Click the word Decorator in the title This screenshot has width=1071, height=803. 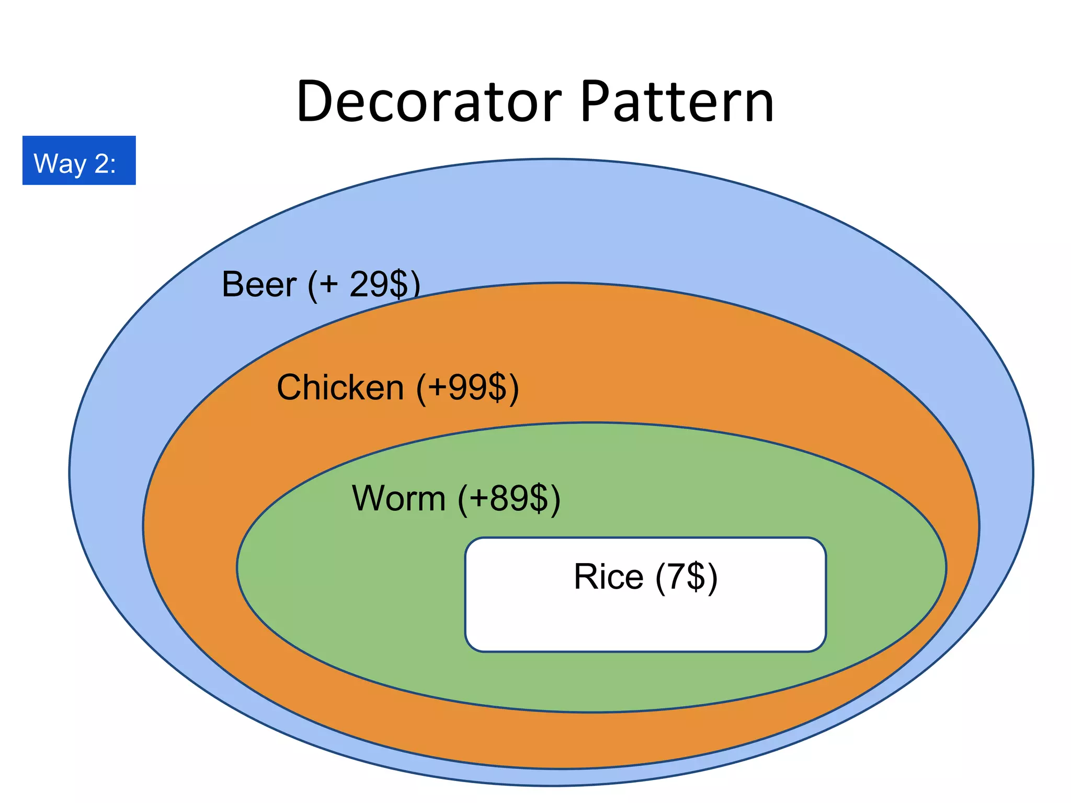click(429, 102)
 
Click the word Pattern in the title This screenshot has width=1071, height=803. click(677, 102)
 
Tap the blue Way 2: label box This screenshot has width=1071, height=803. click(79, 160)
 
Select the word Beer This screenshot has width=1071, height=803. click(259, 284)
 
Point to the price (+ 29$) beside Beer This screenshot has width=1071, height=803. click(364, 285)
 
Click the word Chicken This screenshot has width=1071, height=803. click(340, 388)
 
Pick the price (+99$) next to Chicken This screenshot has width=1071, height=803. click(468, 388)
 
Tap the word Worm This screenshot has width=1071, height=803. click(398, 498)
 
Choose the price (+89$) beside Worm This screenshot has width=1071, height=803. click(509, 499)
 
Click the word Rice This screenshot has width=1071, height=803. click(608, 577)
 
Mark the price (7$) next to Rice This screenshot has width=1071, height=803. click(687, 578)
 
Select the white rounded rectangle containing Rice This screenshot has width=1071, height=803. click(645, 622)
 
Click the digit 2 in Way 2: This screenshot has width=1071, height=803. click(101, 164)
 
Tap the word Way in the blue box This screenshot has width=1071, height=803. click(60, 164)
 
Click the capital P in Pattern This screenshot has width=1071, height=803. click(596, 102)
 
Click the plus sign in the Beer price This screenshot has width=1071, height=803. click(329, 285)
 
